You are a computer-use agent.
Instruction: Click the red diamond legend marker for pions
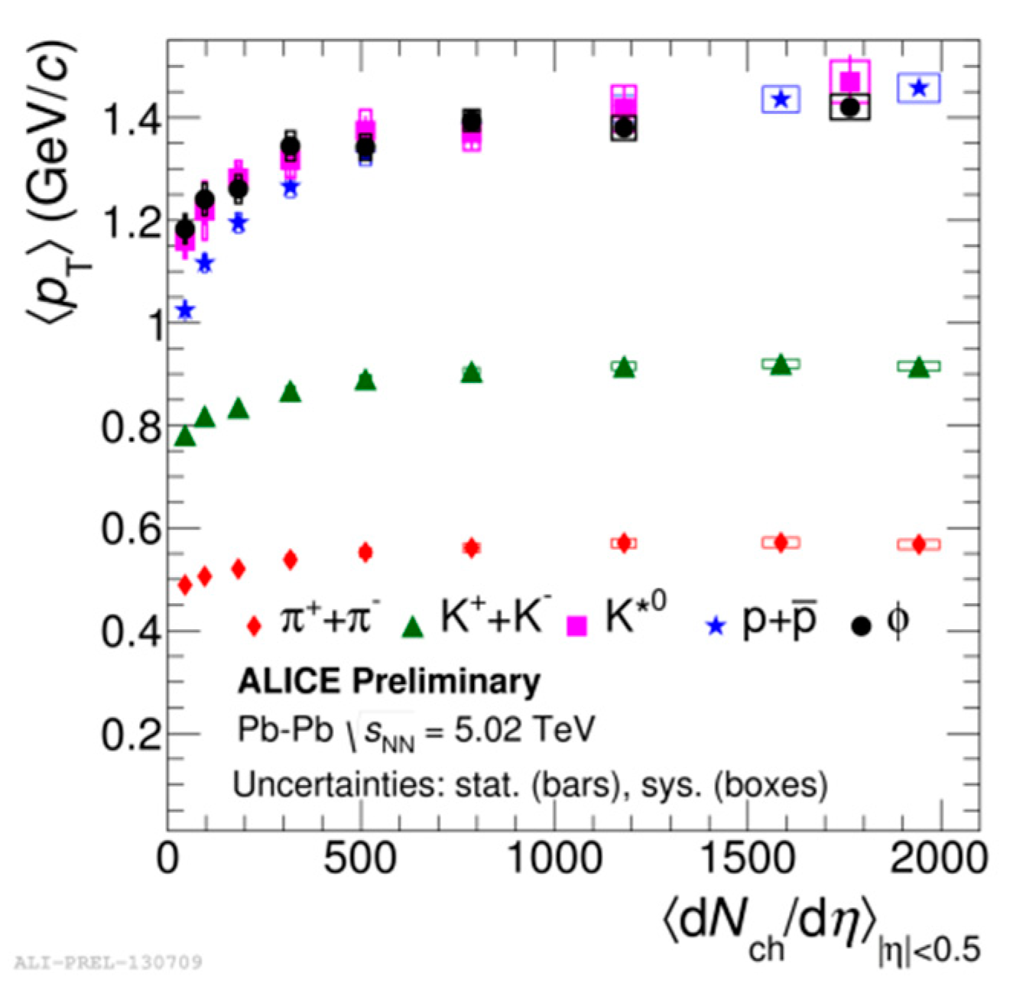click(254, 626)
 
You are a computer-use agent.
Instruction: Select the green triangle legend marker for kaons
click(413, 626)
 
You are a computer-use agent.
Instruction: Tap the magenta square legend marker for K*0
click(576, 626)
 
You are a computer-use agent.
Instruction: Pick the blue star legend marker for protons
click(716, 627)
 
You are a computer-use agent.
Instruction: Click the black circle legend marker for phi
click(861, 626)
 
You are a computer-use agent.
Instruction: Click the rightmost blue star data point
click(919, 88)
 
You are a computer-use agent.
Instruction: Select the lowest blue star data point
click(185, 310)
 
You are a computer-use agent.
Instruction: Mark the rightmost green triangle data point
click(919, 368)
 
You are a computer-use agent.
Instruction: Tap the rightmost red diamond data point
click(919, 544)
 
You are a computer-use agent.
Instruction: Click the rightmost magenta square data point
click(849, 81)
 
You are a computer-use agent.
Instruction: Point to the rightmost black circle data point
click(849, 108)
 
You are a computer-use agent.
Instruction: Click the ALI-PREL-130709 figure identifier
click(108, 961)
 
